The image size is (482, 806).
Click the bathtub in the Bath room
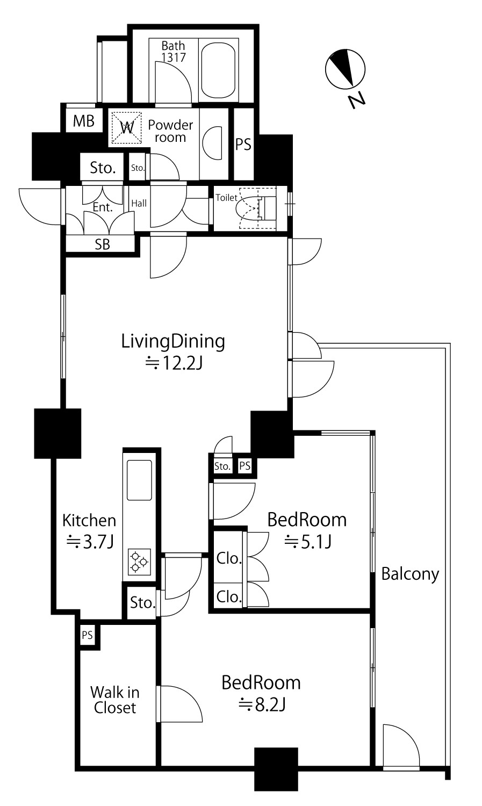pyautogui.click(x=218, y=70)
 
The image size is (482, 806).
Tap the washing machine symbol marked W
pyautogui.click(x=126, y=127)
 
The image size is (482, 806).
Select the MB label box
pyautogui.click(x=83, y=121)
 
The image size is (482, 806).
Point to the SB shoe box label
pyautogui.click(x=102, y=244)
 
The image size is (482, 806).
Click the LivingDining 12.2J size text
pyautogui.click(x=174, y=363)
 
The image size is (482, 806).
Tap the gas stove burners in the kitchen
pyautogui.click(x=139, y=562)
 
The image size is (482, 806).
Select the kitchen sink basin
pyautogui.click(x=139, y=480)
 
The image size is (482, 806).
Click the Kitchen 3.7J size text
pyautogui.click(x=90, y=542)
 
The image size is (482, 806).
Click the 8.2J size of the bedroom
pyautogui.click(x=262, y=704)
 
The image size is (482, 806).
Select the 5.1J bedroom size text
pyautogui.click(x=308, y=542)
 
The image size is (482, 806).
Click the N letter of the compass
pyautogui.click(x=357, y=99)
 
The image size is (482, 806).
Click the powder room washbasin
pyautogui.click(x=212, y=142)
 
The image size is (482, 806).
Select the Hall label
pyautogui.click(x=139, y=203)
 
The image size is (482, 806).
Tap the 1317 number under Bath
pyautogui.click(x=174, y=57)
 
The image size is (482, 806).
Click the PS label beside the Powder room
pyautogui.click(x=243, y=145)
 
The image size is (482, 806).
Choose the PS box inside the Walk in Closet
pyautogui.click(x=88, y=635)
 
